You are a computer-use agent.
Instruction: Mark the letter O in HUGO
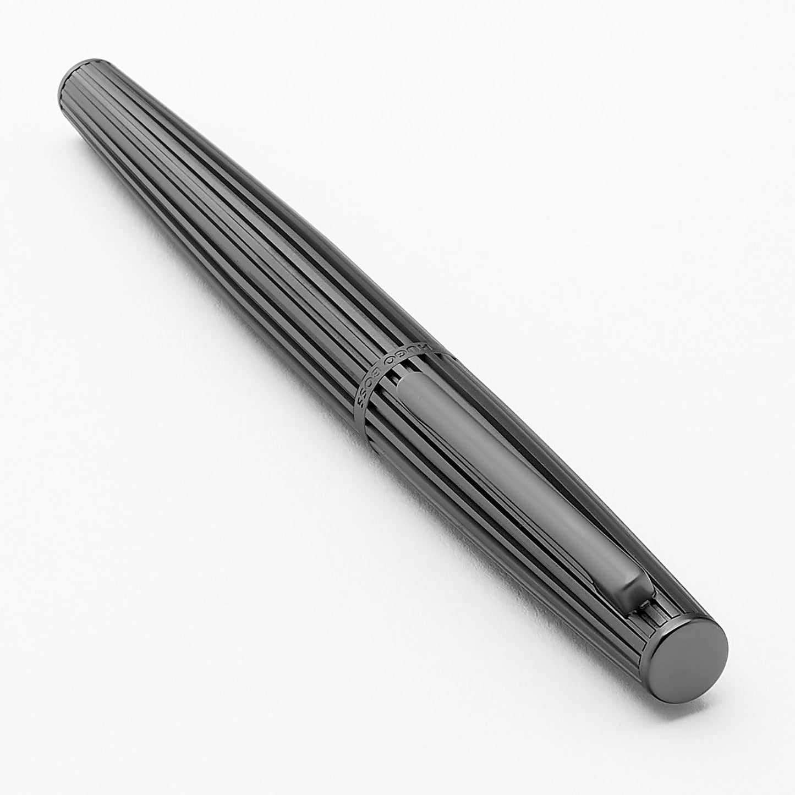[390, 360]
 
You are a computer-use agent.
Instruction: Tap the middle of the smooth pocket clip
[512, 484]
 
